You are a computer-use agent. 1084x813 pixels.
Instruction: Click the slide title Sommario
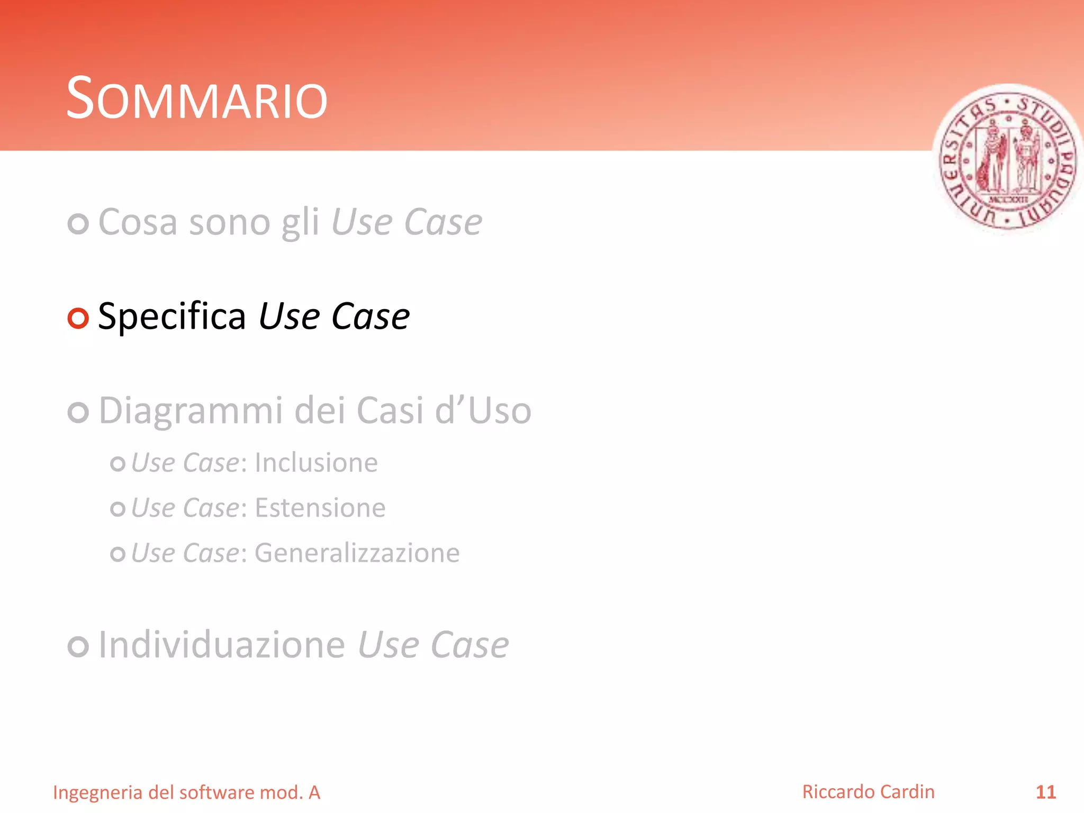click(x=197, y=99)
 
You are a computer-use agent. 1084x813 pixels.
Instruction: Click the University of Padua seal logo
click(x=1007, y=159)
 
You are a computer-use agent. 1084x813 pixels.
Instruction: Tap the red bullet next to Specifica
click(x=78, y=318)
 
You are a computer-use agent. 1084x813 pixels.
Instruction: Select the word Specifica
click(x=172, y=317)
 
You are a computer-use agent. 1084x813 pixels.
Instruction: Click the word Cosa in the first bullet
click(x=138, y=222)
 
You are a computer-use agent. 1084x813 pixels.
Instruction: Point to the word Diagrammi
click(x=191, y=411)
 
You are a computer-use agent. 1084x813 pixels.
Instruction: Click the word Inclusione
click(x=316, y=463)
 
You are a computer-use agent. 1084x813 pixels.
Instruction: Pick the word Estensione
click(x=320, y=508)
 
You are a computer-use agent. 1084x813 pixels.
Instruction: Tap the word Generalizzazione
click(x=357, y=554)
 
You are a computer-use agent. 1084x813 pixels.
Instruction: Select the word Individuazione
click(x=222, y=645)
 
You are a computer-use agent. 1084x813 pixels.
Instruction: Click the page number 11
click(x=1045, y=792)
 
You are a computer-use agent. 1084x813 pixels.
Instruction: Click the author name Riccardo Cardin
click(x=868, y=792)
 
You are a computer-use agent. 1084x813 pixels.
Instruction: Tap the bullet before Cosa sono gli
click(x=78, y=224)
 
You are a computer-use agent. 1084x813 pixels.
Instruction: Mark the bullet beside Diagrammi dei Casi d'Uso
click(x=78, y=412)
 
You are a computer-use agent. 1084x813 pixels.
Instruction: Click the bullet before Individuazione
click(x=78, y=647)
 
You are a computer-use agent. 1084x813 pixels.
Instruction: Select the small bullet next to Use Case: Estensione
click(x=118, y=509)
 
